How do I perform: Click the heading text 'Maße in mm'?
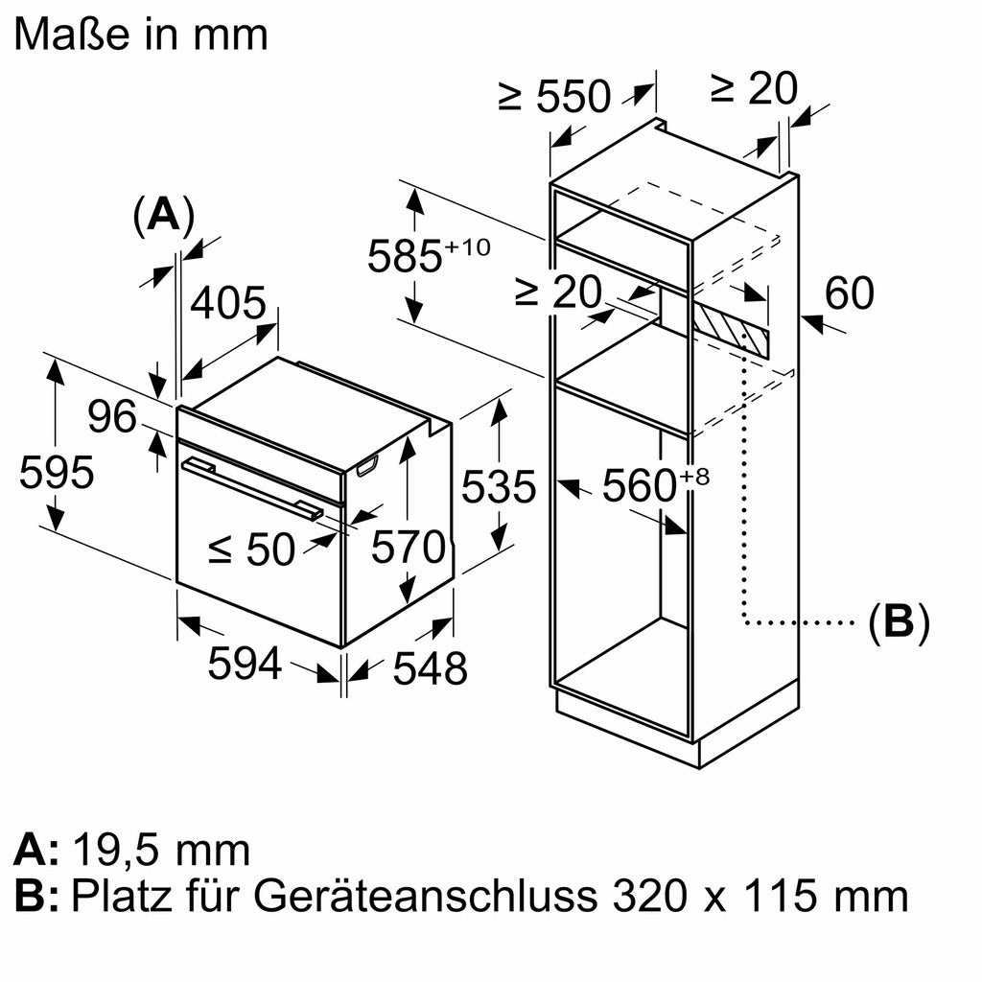click(141, 35)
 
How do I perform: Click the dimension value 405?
click(227, 304)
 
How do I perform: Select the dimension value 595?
click(57, 473)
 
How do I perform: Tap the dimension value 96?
click(113, 418)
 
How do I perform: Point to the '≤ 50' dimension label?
click(252, 549)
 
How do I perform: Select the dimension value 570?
click(409, 549)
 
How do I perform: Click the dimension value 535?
click(498, 487)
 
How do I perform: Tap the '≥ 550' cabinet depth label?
click(554, 96)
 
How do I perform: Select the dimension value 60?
click(849, 293)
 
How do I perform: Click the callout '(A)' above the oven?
click(164, 216)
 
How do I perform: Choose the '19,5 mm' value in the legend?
click(160, 850)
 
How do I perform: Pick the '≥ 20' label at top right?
click(753, 88)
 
